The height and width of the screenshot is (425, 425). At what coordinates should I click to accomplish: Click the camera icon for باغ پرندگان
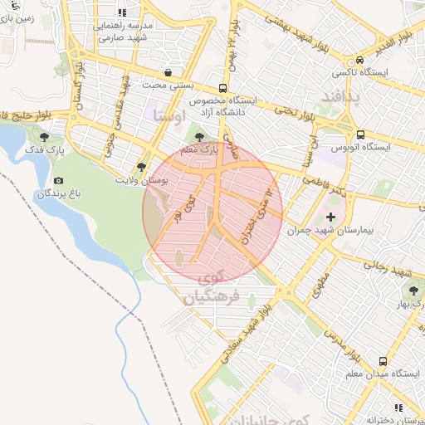click(58, 180)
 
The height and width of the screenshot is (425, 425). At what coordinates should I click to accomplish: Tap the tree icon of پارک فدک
click(44, 137)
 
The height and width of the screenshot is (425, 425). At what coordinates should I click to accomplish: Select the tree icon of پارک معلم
click(198, 137)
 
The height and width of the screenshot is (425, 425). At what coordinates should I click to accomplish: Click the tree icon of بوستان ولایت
click(141, 167)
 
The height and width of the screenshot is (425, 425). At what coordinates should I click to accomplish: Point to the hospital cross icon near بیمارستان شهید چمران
click(331, 216)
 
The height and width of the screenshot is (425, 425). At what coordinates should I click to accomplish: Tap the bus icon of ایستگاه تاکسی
click(359, 60)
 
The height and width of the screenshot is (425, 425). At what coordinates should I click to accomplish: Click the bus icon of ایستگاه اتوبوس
click(359, 134)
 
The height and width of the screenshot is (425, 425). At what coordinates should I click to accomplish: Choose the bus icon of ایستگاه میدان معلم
click(383, 361)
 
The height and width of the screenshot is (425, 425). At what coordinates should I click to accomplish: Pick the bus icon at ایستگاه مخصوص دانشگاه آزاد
click(222, 88)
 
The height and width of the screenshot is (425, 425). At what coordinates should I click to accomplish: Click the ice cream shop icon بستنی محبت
click(169, 72)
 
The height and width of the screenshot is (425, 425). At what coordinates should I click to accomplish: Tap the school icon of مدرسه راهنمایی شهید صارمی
click(123, 13)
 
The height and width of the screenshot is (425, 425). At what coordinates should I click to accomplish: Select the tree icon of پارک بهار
click(413, 291)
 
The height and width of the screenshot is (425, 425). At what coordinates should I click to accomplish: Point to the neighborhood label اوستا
click(169, 115)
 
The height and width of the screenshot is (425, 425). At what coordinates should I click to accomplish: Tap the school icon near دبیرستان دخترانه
click(399, 408)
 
